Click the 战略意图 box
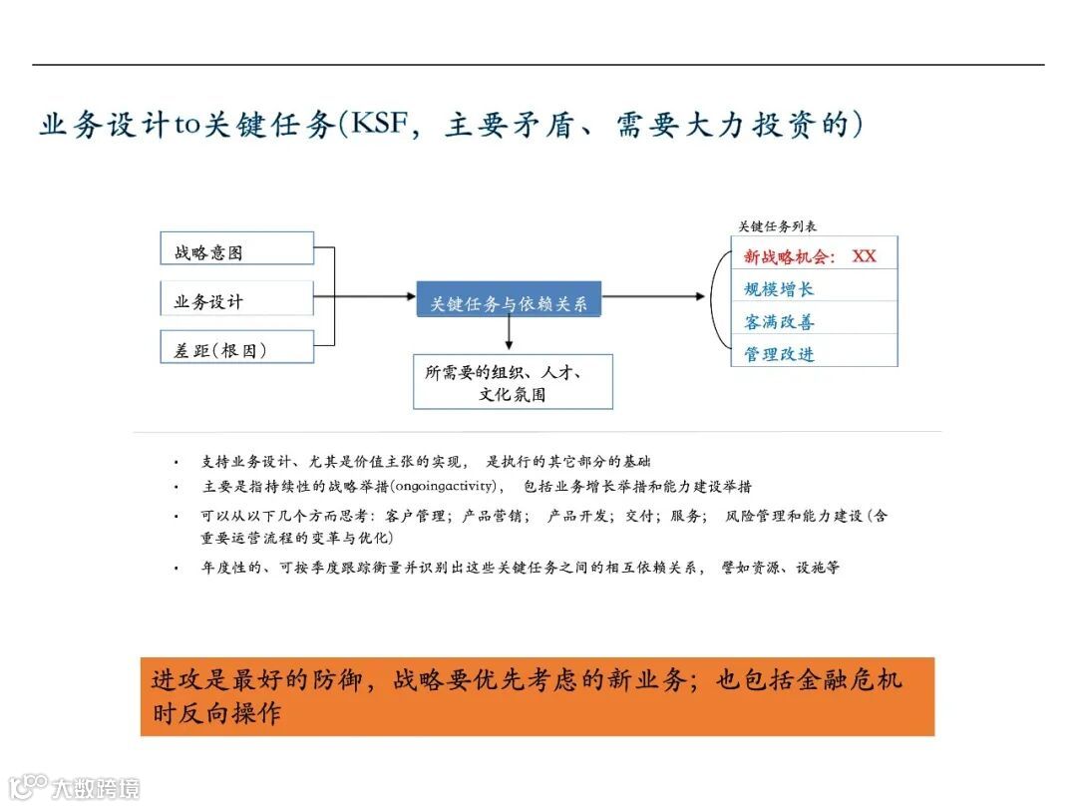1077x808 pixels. coord(237,248)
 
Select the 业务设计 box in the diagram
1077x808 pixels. coord(237,298)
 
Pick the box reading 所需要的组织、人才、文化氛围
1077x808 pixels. coord(513,382)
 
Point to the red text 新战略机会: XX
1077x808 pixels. coord(810,256)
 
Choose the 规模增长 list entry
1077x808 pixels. coord(779,289)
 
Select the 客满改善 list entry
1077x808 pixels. coord(779,322)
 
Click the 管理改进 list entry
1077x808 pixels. coord(779,354)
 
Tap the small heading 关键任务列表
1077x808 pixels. coord(778,226)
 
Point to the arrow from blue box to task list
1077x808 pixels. coord(658,296)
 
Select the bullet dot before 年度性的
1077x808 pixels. coord(177,568)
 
